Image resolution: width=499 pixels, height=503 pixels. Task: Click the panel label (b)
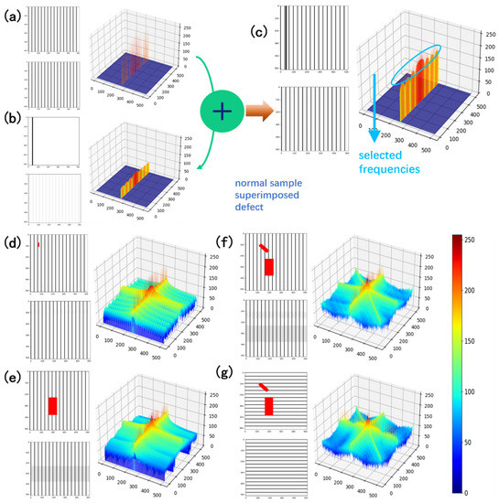point(12,118)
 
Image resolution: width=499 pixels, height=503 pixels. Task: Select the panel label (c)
point(261,33)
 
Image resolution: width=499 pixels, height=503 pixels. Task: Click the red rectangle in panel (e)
point(52,406)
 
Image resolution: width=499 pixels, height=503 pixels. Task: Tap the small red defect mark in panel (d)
point(38,244)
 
